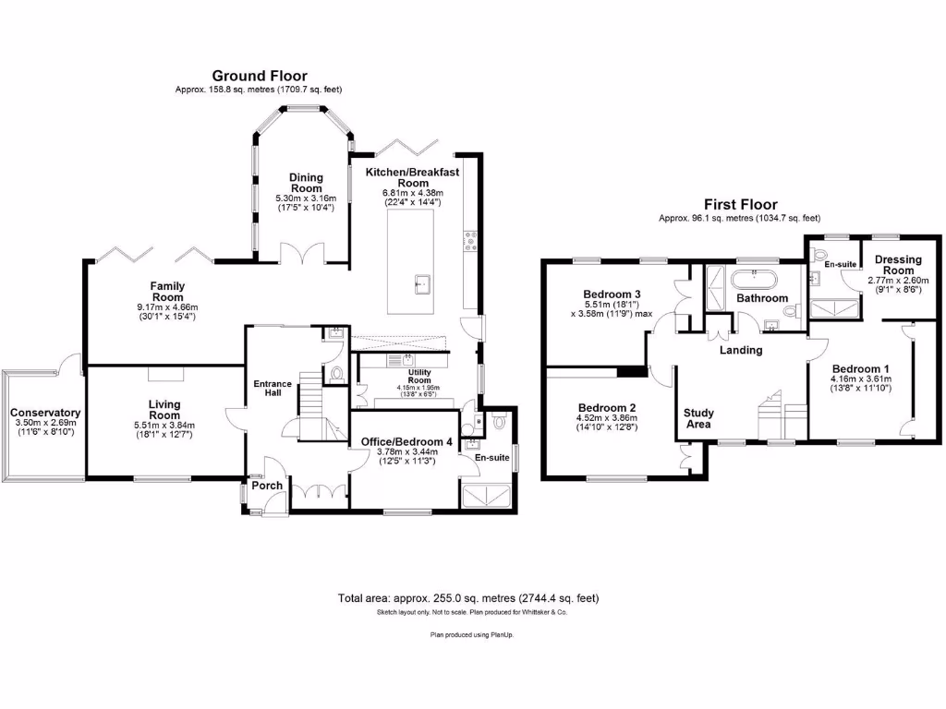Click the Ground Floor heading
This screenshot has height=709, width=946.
click(260, 76)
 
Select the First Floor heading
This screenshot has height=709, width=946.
click(740, 205)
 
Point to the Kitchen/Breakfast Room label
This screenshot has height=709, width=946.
click(412, 177)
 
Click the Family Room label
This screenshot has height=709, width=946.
click(168, 292)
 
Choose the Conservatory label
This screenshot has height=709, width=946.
click(45, 413)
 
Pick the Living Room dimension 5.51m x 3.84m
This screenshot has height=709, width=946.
click(164, 425)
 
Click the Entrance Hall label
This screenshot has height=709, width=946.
click(273, 389)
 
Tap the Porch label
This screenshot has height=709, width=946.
click(267, 486)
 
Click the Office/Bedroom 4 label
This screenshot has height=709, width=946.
click(401, 442)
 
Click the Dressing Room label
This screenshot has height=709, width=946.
click(898, 265)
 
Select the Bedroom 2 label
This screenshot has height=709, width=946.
click(607, 407)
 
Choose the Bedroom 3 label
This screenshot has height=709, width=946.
click(612, 294)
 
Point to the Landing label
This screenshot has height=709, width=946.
click(741, 350)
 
